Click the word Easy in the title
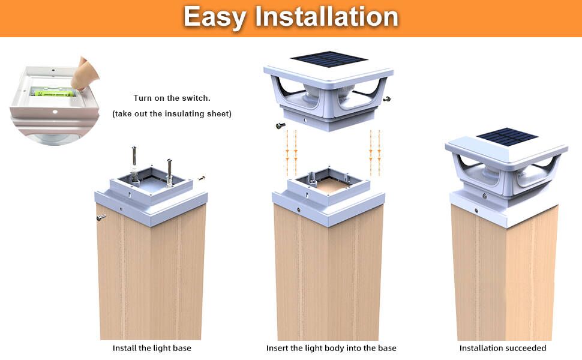click(x=215, y=17)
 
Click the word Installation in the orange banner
click(x=326, y=17)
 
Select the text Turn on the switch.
click(x=172, y=98)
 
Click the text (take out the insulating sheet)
click(x=172, y=113)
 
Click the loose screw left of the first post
click(x=101, y=217)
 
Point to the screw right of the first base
click(x=202, y=178)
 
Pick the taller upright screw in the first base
click(x=135, y=163)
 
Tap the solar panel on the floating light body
click(x=328, y=59)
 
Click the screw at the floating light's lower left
click(x=280, y=125)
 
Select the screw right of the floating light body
click(x=388, y=98)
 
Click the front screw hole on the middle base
click(x=299, y=209)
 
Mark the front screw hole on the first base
click(x=122, y=209)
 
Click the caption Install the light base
click(x=152, y=348)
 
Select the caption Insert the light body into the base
click(x=331, y=348)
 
